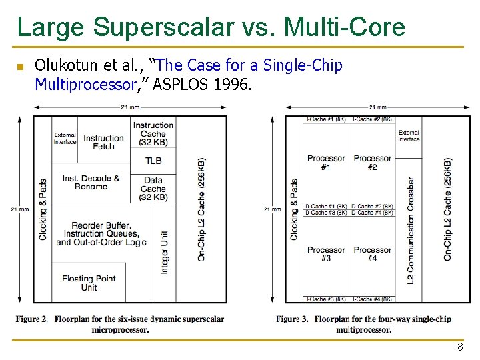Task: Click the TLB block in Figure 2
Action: point(153,161)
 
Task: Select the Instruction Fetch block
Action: point(103,142)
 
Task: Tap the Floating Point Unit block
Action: point(89,283)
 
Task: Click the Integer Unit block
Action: point(165,252)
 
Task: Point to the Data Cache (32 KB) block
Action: point(153,189)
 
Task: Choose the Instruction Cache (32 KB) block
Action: point(153,133)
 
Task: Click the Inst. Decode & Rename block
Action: point(91,183)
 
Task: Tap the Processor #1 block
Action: point(326,163)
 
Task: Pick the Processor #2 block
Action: point(373,163)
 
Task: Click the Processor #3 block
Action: point(326,254)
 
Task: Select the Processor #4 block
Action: point(373,254)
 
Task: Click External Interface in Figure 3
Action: point(409,136)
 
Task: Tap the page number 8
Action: point(460,347)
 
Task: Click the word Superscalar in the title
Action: point(164,27)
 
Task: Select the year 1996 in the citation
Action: point(237,85)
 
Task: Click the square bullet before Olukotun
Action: point(20,67)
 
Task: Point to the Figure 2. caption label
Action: point(32,319)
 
